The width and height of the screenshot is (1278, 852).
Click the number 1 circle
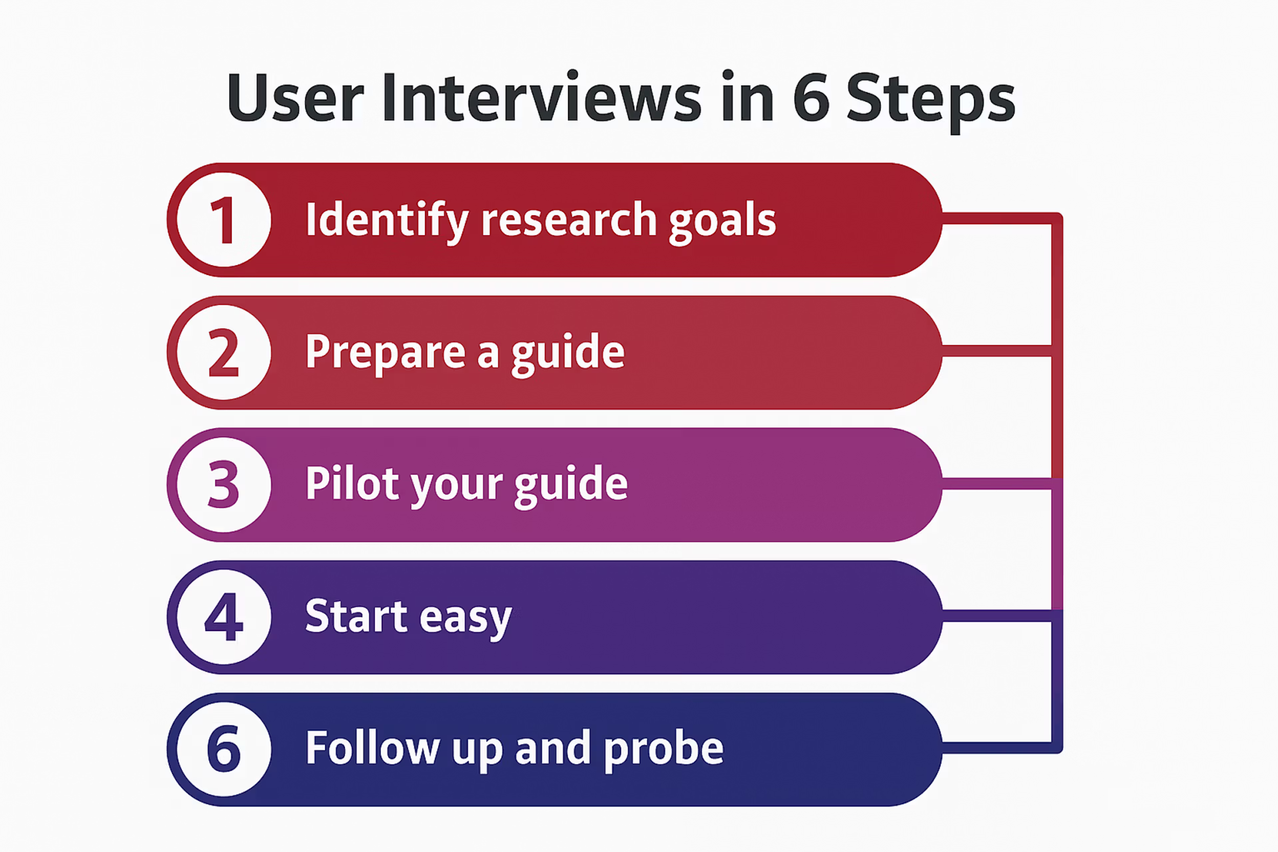(x=224, y=220)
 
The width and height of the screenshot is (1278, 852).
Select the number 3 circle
(x=224, y=485)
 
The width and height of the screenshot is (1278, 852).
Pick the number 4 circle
(x=224, y=617)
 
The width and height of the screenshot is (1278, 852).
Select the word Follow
(x=372, y=749)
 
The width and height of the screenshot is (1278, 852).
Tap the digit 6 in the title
(x=811, y=98)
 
